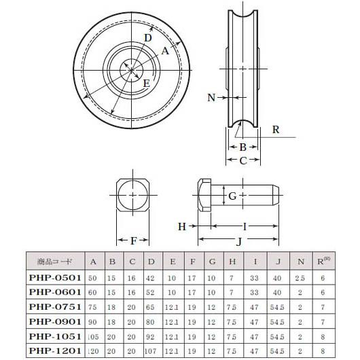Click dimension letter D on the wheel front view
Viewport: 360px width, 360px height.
pyautogui.click(x=147, y=39)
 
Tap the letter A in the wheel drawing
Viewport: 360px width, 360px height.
pyautogui.click(x=165, y=50)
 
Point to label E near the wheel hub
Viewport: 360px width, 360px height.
pyautogui.click(x=146, y=83)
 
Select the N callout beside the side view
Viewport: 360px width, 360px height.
pyautogui.click(x=211, y=98)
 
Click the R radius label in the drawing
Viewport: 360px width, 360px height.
pyautogui.click(x=274, y=129)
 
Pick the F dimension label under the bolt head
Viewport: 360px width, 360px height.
pyautogui.click(x=134, y=240)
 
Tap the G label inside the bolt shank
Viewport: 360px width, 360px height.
pyautogui.click(x=232, y=196)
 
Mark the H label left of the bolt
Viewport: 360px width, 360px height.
pyautogui.click(x=182, y=226)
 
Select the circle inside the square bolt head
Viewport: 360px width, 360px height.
pyautogui.click(x=134, y=196)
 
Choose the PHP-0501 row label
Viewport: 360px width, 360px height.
pyautogui.click(x=55, y=277)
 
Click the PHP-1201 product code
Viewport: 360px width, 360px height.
pyautogui.click(x=55, y=350)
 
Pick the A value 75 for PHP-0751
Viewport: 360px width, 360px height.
pyautogui.click(x=93, y=306)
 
